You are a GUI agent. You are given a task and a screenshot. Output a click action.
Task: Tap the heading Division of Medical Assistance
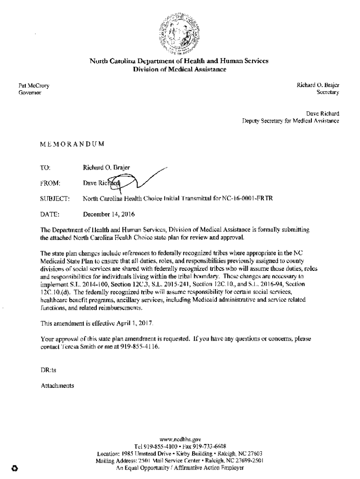180,70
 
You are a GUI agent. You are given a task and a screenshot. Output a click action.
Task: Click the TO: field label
46,167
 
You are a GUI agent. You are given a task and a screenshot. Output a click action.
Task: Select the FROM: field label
50,183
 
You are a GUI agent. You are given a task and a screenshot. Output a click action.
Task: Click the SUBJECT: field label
55,199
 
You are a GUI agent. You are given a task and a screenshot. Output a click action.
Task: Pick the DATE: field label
50,215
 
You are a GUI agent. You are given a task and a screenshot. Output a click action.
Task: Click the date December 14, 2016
109,215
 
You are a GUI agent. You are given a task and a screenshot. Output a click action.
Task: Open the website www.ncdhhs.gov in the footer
180,440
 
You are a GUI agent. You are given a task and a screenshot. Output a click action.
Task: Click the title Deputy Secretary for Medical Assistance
290,121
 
